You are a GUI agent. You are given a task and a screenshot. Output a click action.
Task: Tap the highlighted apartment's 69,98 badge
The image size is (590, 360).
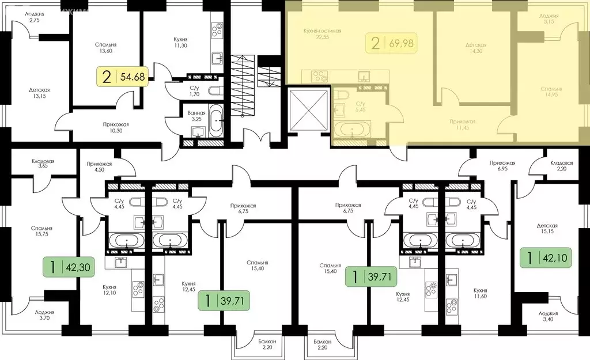(392, 43)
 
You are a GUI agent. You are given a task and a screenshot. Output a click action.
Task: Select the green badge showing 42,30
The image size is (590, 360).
(69, 267)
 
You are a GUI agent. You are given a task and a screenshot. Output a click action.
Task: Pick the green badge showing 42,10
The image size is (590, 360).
(547, 257)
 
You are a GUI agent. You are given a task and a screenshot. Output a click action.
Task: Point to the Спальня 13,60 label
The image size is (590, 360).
(107, 47)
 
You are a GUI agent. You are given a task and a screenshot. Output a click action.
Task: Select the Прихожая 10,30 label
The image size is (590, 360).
(100, 128)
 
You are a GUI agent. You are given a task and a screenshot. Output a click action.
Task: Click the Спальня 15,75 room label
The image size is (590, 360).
(41, 231)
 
